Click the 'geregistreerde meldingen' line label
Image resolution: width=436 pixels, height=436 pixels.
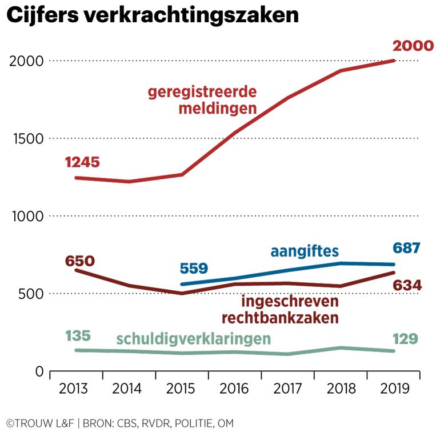click(x=202, y=100)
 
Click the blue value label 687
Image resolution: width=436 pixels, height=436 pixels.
click(x=406, y=248)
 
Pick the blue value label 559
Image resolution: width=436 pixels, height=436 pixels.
click(x=194, y=267)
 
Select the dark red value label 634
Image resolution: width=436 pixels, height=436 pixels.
click(x=407, y=285)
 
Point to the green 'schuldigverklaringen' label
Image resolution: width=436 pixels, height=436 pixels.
click(x=193, y=338)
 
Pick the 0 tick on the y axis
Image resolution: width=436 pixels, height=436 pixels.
click(x=39, y=372)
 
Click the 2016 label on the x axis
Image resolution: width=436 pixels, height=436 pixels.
click(x=234, y=389)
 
